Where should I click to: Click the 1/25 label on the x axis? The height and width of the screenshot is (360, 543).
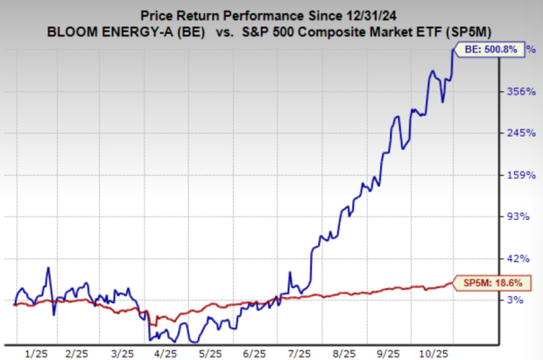click(x=37, y=352)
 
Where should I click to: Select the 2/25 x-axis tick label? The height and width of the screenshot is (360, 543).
click(x=79, y=352)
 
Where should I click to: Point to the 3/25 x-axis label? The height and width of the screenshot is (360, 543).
click(x=123, y=352)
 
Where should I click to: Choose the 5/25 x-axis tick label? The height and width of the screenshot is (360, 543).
click(x=208, y=352)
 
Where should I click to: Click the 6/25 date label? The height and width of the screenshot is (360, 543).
click(x=252, y=352)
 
